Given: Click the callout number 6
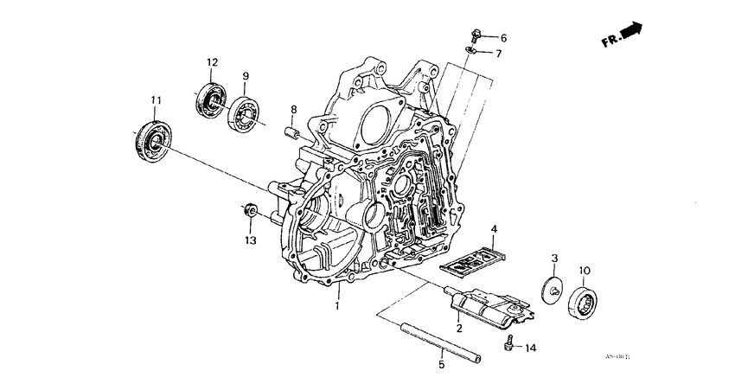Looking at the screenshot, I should [503, 38].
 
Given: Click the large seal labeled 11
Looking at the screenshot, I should [152, 139].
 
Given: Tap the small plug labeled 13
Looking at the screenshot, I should [249, 210].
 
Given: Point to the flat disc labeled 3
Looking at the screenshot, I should [551, 291].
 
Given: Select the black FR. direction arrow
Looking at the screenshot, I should [632, 31].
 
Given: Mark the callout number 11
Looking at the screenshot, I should [156, 101].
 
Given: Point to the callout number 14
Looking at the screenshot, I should [530, 348].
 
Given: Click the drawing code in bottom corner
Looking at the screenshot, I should [617, 357].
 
